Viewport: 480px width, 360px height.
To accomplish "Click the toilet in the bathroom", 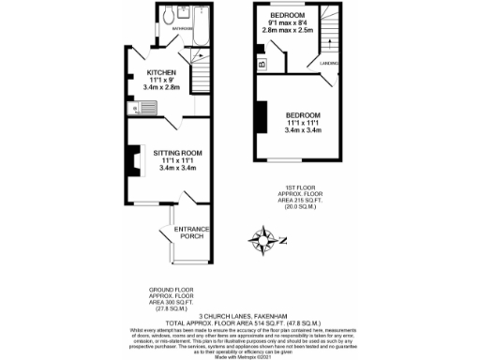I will pos(164,17).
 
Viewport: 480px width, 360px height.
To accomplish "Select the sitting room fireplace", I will pos(121,159).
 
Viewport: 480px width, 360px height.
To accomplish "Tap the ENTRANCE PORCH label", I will pos(190,232).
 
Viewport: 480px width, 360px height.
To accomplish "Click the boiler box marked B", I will pos(261,64).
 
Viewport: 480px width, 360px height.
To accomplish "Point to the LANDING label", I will pos(328,65).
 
